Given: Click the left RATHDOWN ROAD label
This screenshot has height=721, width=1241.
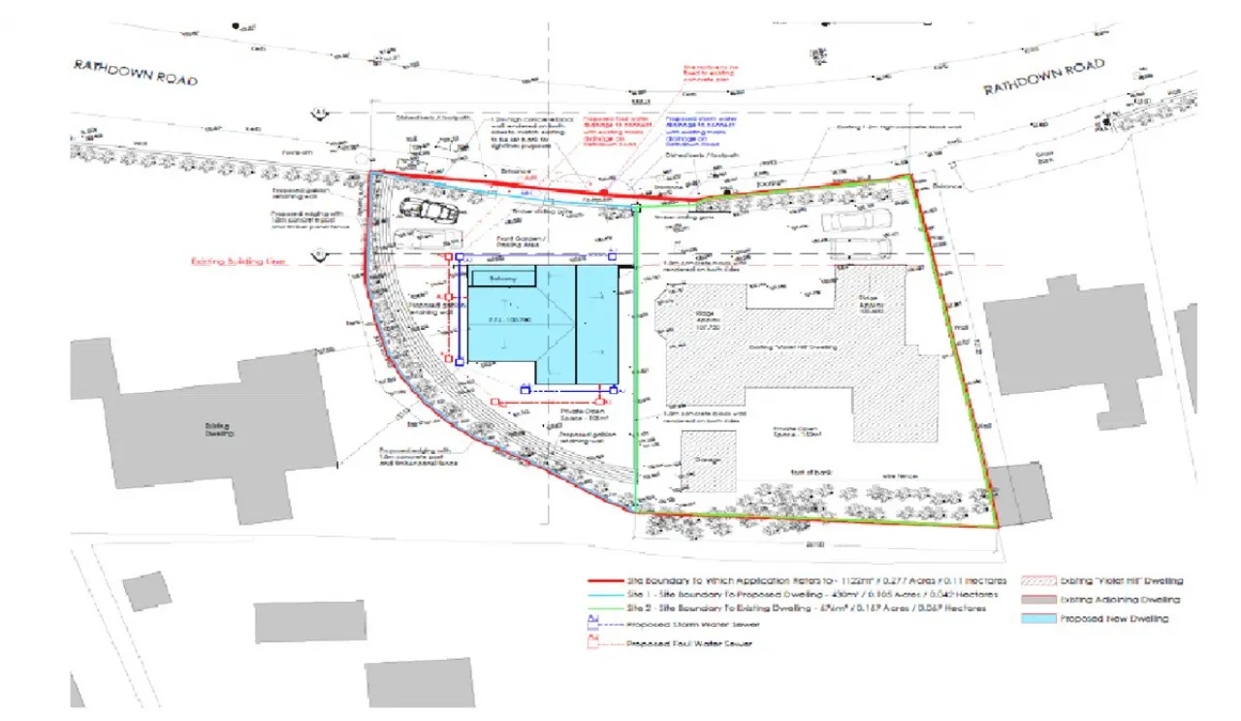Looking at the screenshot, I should click(x=137, y=72).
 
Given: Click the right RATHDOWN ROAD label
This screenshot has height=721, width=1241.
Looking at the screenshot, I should click(x=1043, y=77).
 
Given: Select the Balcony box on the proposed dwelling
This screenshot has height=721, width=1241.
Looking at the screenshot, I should click(x=503, y=279).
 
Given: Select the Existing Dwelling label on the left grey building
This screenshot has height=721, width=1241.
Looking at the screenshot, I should click(x=219, y=428).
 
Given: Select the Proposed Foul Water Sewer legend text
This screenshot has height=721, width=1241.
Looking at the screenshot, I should click(x=688, y=644).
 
